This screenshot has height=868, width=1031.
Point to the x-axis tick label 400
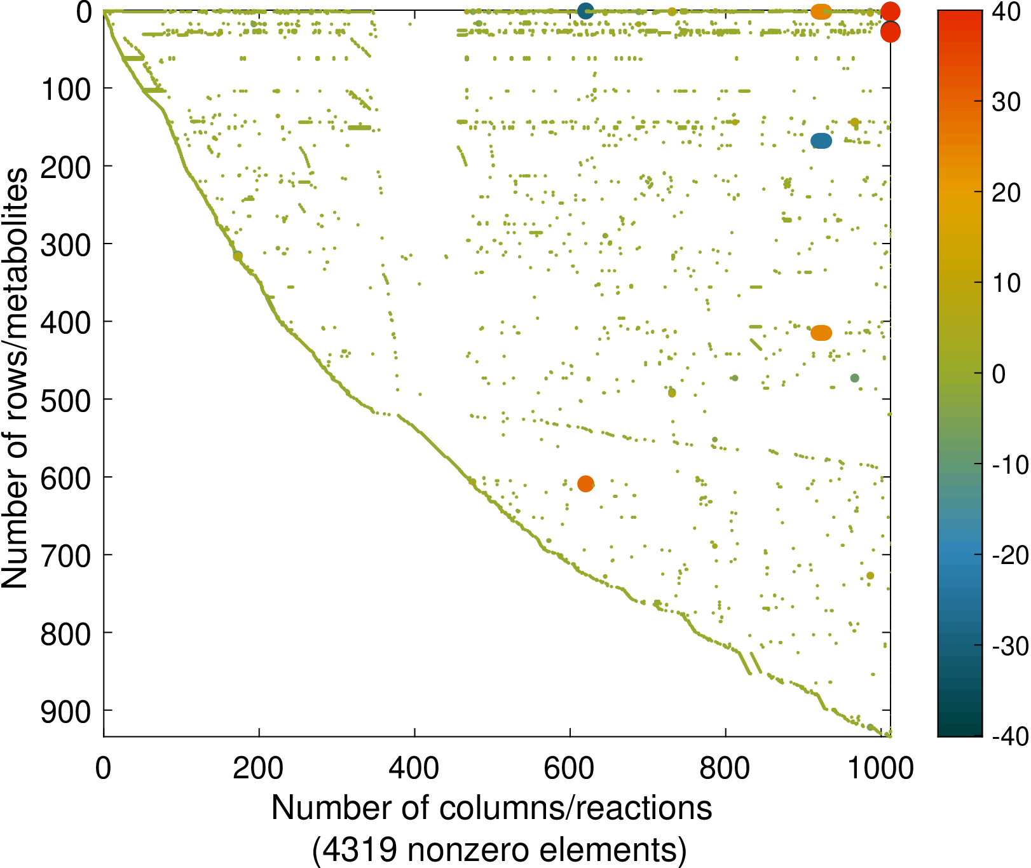414,769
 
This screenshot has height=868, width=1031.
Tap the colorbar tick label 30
1006,102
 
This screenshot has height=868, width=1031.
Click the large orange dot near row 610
585,484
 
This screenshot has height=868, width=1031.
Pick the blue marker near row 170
821,141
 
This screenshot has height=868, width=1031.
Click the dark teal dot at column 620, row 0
585,11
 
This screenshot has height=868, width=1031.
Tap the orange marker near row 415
821,333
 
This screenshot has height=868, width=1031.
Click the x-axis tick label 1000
881,769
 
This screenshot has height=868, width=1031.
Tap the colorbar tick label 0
999,374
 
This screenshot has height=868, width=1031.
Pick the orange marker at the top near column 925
821,11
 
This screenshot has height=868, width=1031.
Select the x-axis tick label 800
725,769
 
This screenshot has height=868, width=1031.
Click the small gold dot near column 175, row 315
238,256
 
